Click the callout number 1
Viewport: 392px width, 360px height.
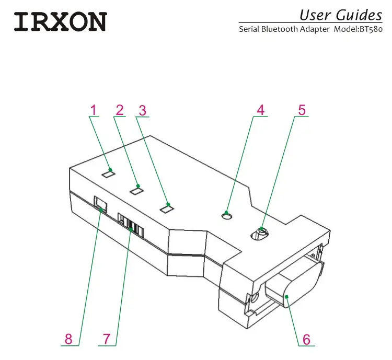pyautogui.click(x=93, y=110)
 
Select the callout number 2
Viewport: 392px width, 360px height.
pyautogui.click(x=120, y=110)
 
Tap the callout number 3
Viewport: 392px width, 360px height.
pyautogui.click(x=142, y=110)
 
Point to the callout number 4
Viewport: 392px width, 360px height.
pyautogui.click(x=260, y=110)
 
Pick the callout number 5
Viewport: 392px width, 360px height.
pyautogui.click(x=302, y=110)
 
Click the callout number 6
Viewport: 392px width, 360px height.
pyautogui.click(x=306, y=339)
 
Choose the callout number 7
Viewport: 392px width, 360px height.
pyautogui.click(x=107, y=339)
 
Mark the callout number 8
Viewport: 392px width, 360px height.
pyautogui.click(x=69, y=339)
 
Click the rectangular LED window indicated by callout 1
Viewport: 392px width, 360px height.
pyautogui.click(x=108, y=173)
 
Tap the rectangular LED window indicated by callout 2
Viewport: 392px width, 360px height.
pyautogui.click(x=136, y=191)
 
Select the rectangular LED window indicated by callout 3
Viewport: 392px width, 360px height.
pyautogui.click(x=167, y=208)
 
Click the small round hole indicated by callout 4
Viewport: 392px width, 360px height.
pyautogui.click(x=227, y=215)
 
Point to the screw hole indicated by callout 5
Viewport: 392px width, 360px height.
pyautogui.click(x=260, y=234)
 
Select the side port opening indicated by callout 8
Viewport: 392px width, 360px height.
pyautogui.click(x=100, y=204)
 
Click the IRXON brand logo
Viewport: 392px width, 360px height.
pyautogui.click(x=60, y=21)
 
